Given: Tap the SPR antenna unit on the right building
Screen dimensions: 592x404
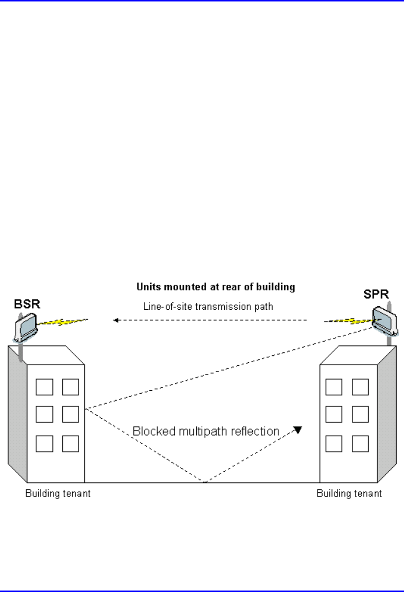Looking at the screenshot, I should [x=382, y=321].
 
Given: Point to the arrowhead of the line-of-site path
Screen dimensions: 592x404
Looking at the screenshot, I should [x=116, y=321].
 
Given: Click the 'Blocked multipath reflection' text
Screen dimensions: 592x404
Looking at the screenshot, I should [x=206, y=431].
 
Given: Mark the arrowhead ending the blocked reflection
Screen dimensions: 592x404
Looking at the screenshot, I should [x=297, y=430].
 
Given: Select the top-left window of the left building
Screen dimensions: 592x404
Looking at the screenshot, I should [x=45, y=387].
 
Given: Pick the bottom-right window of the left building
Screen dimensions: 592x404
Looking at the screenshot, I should [x=70, y=444].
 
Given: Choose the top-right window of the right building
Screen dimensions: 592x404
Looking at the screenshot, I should [x=360, y=387].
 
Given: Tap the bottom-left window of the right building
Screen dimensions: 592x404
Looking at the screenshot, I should [x=334, y=444].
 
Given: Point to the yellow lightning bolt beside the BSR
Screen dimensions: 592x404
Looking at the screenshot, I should [x=64, y=323].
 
